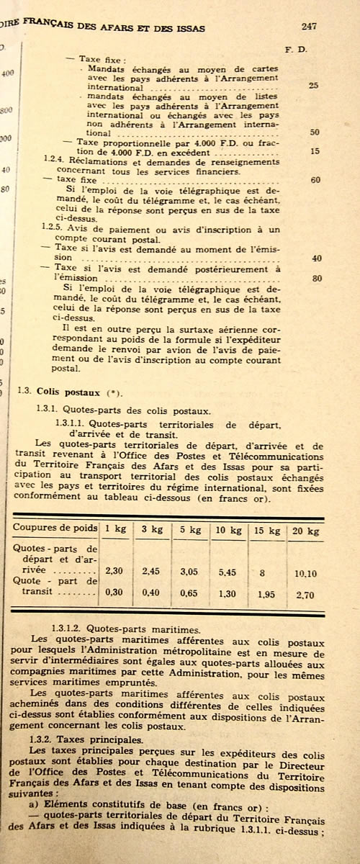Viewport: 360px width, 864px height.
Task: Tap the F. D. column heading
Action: pyautogui.click(x=297, y=50)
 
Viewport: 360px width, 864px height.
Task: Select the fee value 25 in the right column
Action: pyautogui.click(x=313, y=86)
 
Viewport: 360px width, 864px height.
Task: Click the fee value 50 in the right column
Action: pyautogui.click(x=315, y=132)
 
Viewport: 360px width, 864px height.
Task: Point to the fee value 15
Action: pyautogui.click(x=315, y=151)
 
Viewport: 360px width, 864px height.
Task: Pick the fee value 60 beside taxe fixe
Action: pyautogui.click(x=315, y=180)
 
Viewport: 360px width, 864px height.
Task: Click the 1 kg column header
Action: pyautogui.click(x=116, y=528)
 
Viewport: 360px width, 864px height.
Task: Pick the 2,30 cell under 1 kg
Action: pyautogui.click(x=116, y=570)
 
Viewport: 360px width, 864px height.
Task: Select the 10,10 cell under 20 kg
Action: pyautogui.click(x=304, y=574)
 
